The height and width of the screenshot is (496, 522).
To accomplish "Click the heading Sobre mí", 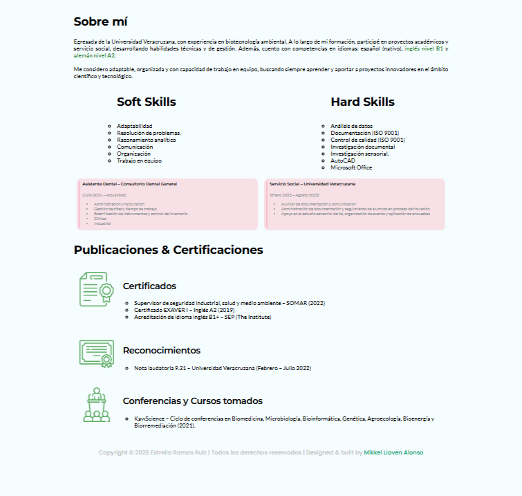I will click(x=101, y=21).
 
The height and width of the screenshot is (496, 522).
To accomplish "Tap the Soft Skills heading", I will click(x=146, y=102).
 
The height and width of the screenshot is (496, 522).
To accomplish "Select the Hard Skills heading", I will click(x=362, y=102).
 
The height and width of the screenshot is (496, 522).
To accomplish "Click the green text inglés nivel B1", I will click(x=424, y=49).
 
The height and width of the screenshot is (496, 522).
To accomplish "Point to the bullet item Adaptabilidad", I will click(x=135, y=126).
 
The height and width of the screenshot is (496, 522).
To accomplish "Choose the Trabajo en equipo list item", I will click(x=139, y=160).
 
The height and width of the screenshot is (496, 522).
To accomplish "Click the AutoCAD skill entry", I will click(x=342, y=160).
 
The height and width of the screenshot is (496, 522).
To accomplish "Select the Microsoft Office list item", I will click(x=351, y=167).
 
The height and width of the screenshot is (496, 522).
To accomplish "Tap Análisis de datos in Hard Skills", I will click(x=351, y=126).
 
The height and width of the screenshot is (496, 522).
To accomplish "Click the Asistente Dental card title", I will click(x=129, y=184).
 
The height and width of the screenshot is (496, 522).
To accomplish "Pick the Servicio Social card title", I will click(x=313, y=184).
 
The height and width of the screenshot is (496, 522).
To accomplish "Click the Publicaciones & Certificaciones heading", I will click(x=168, y=250).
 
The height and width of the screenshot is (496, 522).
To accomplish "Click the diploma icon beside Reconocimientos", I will click(x=96, y=353).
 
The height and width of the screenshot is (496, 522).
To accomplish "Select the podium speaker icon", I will click(x=96, y=405).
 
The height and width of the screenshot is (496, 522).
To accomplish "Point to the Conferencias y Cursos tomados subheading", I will click(x=192, y=401).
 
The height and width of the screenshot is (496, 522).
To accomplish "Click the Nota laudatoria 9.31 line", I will click(x=223, y=368).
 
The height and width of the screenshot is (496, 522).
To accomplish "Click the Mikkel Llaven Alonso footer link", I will click(x=393, y=452).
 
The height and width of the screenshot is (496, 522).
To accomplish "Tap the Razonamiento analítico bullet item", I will click(x=146, y=140).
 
